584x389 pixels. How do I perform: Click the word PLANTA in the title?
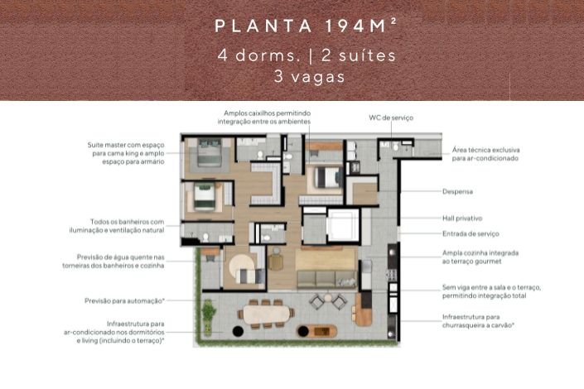click(263, 26)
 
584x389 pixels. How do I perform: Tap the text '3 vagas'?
click(310, 76)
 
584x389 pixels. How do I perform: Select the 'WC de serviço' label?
click(391, 118)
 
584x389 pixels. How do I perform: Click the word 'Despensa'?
click(457, 192)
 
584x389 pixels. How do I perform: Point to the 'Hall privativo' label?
click(462, 219)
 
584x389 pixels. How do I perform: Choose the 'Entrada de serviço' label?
click(471, 233)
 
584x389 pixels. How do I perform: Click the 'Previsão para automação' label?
click(124, 300)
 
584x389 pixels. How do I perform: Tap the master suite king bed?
click(209, 152)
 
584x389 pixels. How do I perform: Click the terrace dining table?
click(266, 315)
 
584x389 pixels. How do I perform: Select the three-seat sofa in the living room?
click(326, 279)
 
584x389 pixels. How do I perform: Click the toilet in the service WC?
click(395, 147)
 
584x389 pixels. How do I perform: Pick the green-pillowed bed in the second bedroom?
click(204, 195)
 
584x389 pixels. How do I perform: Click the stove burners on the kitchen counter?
click(392, 275)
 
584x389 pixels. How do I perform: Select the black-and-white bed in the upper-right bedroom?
click(328, 177)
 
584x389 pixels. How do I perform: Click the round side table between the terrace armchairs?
click(328, 298)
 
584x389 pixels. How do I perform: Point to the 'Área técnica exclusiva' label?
click(485, 150)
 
